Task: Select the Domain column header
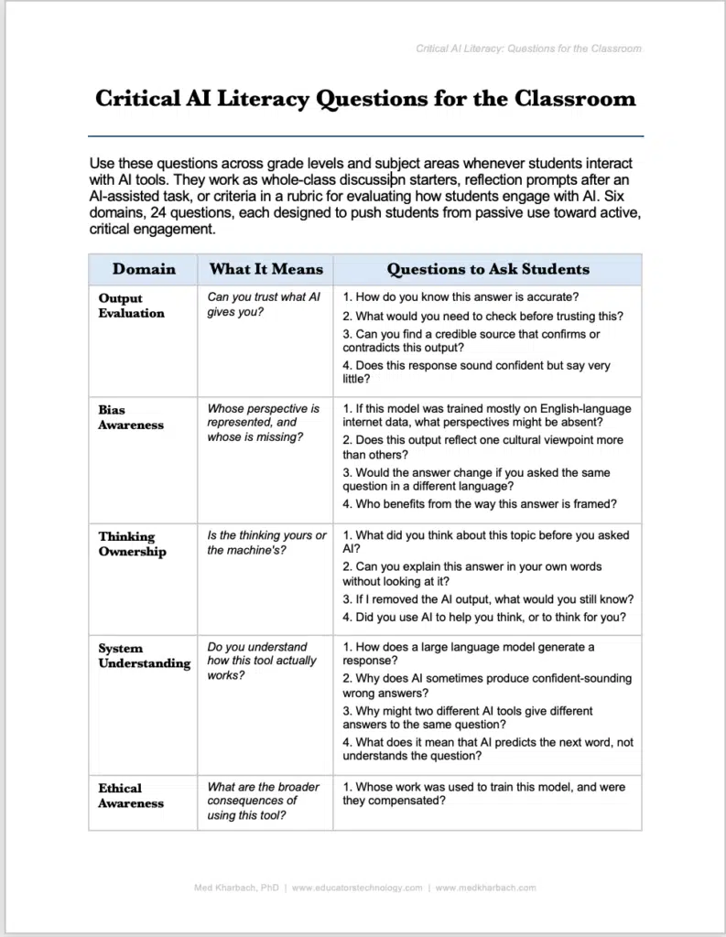144,269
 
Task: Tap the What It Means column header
265,269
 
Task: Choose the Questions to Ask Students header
487,269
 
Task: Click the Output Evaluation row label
131,306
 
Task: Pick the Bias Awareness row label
131,417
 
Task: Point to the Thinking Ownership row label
132,544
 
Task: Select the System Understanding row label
144,656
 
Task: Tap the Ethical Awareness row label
131,795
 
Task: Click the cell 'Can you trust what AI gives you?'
263,305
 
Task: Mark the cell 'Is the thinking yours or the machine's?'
266,543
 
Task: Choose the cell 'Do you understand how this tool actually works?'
261,661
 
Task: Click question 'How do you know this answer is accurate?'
461,297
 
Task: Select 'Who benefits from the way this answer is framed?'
479,504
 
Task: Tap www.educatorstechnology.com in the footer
357,888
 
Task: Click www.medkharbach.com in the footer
485,888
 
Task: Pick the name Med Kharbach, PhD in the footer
236,888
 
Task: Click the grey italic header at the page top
528,48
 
